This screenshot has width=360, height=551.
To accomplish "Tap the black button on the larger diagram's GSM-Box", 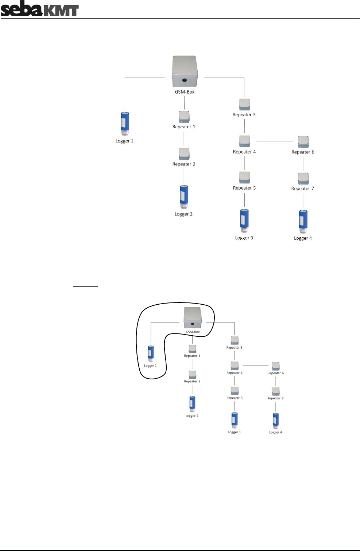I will [x=185, y=80].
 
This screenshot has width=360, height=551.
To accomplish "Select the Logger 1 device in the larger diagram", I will [x=125, y=123].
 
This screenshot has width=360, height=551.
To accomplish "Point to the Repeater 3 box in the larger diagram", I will [x=244, y=105].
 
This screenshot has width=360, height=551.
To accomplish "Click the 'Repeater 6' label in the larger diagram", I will [x=303, y=152].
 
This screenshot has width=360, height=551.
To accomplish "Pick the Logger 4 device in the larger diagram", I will [x=303, y=221].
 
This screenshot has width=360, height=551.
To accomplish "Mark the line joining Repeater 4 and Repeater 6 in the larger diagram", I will [x=275, y=141].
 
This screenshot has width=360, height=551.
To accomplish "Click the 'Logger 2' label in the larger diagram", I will [x=183, y=214].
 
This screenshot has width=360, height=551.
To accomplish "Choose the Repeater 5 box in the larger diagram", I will [x=244, y=177].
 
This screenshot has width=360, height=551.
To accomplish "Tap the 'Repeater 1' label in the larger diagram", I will [x=184, y=127].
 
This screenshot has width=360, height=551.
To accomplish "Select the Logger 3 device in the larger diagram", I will [x=244, y=220].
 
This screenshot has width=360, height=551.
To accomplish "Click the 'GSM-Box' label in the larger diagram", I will [x=185, y=92].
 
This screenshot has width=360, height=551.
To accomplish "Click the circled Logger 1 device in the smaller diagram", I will [x=151, y=353].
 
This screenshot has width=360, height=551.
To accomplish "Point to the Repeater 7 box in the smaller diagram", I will [x=276, y=391].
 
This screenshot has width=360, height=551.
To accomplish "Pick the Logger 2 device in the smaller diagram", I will [x=192, y=403].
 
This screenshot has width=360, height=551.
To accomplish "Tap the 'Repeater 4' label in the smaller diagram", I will [x=235, y=373].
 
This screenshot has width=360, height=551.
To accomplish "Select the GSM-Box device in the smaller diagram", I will [x=193, y=317].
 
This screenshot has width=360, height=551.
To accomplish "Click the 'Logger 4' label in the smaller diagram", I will [x=275, y=432].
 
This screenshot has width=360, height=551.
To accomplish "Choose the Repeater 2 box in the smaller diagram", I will [x=192, y=374].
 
